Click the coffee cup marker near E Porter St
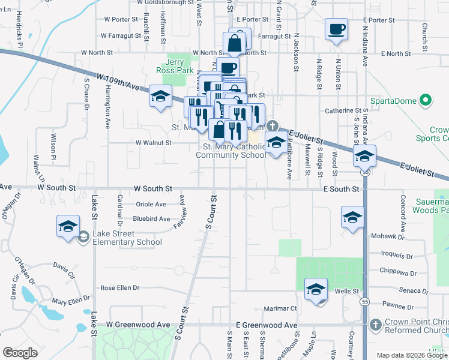336,28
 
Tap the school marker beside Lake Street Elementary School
68,226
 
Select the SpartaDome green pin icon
426,100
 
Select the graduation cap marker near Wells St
316,290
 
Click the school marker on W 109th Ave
160,96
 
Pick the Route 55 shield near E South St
364,172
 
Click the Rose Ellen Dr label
119,288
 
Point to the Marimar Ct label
280,309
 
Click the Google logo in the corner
20,353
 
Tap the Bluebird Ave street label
151,219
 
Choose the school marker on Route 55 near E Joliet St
364,156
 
